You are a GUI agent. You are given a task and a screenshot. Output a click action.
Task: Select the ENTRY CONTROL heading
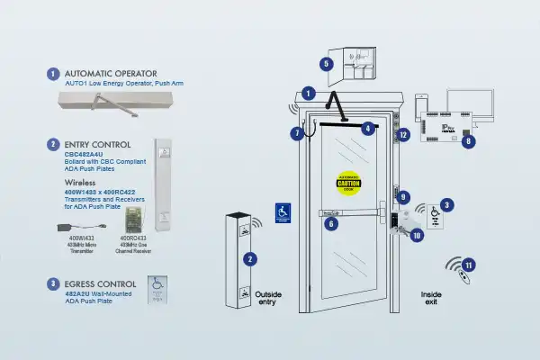point(98,144)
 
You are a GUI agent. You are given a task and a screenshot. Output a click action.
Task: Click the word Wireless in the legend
point(82,180)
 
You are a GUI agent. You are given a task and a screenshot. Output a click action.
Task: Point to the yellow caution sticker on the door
point(348,184)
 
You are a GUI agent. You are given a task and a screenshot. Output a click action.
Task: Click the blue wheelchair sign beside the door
point(283,214)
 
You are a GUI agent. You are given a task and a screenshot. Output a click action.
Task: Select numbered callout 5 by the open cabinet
point(327,64)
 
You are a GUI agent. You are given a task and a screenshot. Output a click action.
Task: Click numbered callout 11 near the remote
point(469,265)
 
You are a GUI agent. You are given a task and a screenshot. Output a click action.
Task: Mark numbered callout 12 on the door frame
point(403,135)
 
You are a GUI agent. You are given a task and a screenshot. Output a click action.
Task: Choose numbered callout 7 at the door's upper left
point(297,133)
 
